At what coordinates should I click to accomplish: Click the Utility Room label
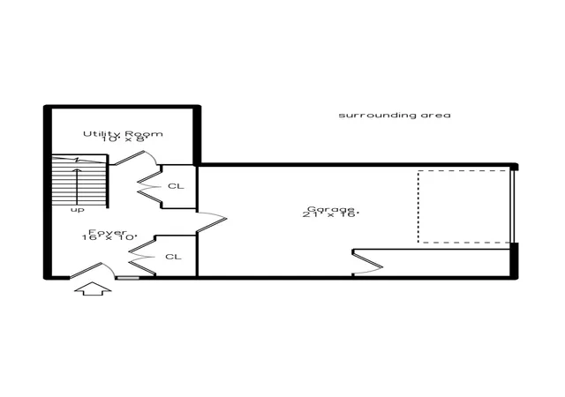(x=123, y=133)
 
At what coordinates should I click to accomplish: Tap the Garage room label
(x=331, y=209)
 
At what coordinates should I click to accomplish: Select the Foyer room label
(x=108, y=232)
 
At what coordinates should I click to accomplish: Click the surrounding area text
(x=395, y=116)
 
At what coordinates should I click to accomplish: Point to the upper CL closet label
(x=176, y=186)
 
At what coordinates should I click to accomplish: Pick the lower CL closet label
(x=173, y=257)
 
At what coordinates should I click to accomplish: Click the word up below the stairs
(x=77, y=210)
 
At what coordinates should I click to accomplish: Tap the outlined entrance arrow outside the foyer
(x=93, y=288)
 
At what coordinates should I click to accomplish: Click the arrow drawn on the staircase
(x=77, y=187)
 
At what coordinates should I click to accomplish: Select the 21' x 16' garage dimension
(x=331, y=214)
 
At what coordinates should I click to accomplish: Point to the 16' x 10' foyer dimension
(x=109, y=238)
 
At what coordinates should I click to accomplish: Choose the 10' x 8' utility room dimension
(x=123, y=139)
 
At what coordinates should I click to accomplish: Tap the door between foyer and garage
(x=212, y=222)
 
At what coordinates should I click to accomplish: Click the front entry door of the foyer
(x=92, y=269)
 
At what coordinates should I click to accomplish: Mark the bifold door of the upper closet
(x=149, y=187)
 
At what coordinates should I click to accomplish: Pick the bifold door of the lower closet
(x=142, y=258)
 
